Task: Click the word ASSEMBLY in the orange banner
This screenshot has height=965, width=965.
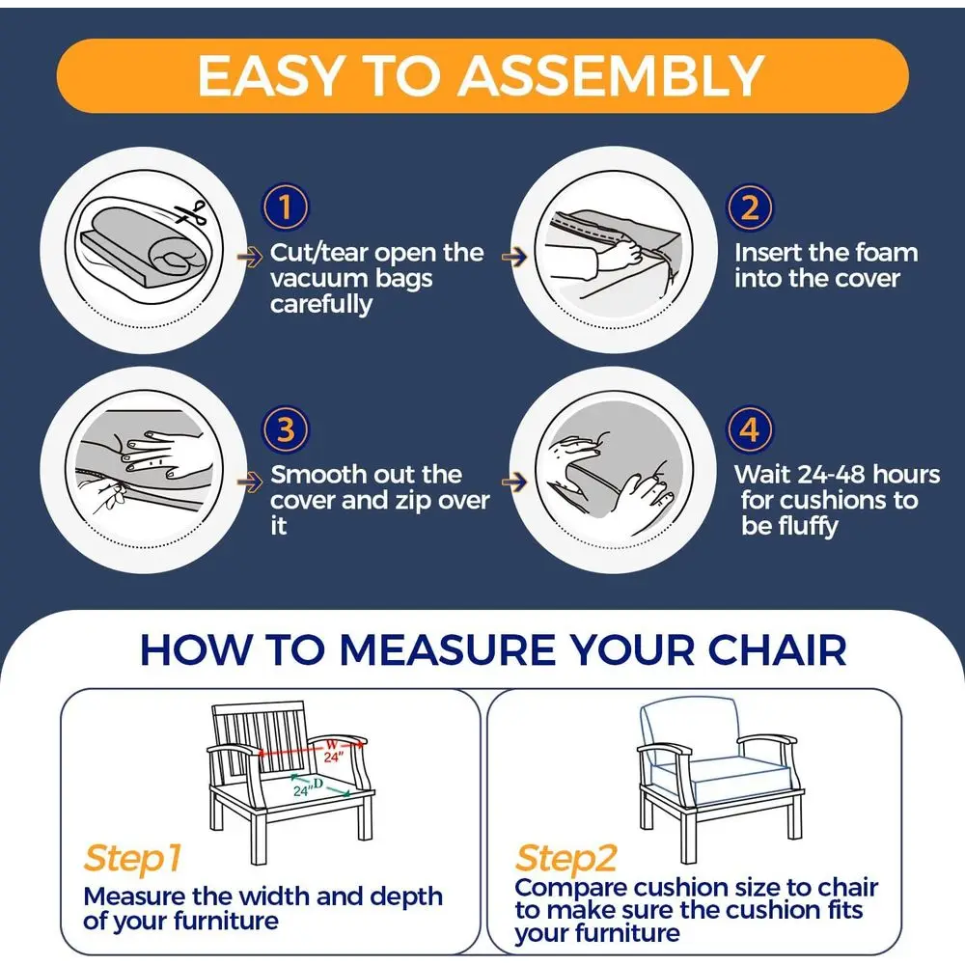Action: click(611, 75)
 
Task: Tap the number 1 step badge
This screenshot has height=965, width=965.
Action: click(286, 207)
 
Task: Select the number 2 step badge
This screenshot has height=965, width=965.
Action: click(750, 207)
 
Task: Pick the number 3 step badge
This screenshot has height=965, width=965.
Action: click(286, 429)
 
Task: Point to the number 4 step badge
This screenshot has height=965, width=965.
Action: click(750, 429)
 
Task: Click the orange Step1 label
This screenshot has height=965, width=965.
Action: click(132, 859)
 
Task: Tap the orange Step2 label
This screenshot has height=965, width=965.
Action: click(565, 859)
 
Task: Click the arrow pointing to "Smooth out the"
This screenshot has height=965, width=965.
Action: click(250, 482)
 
